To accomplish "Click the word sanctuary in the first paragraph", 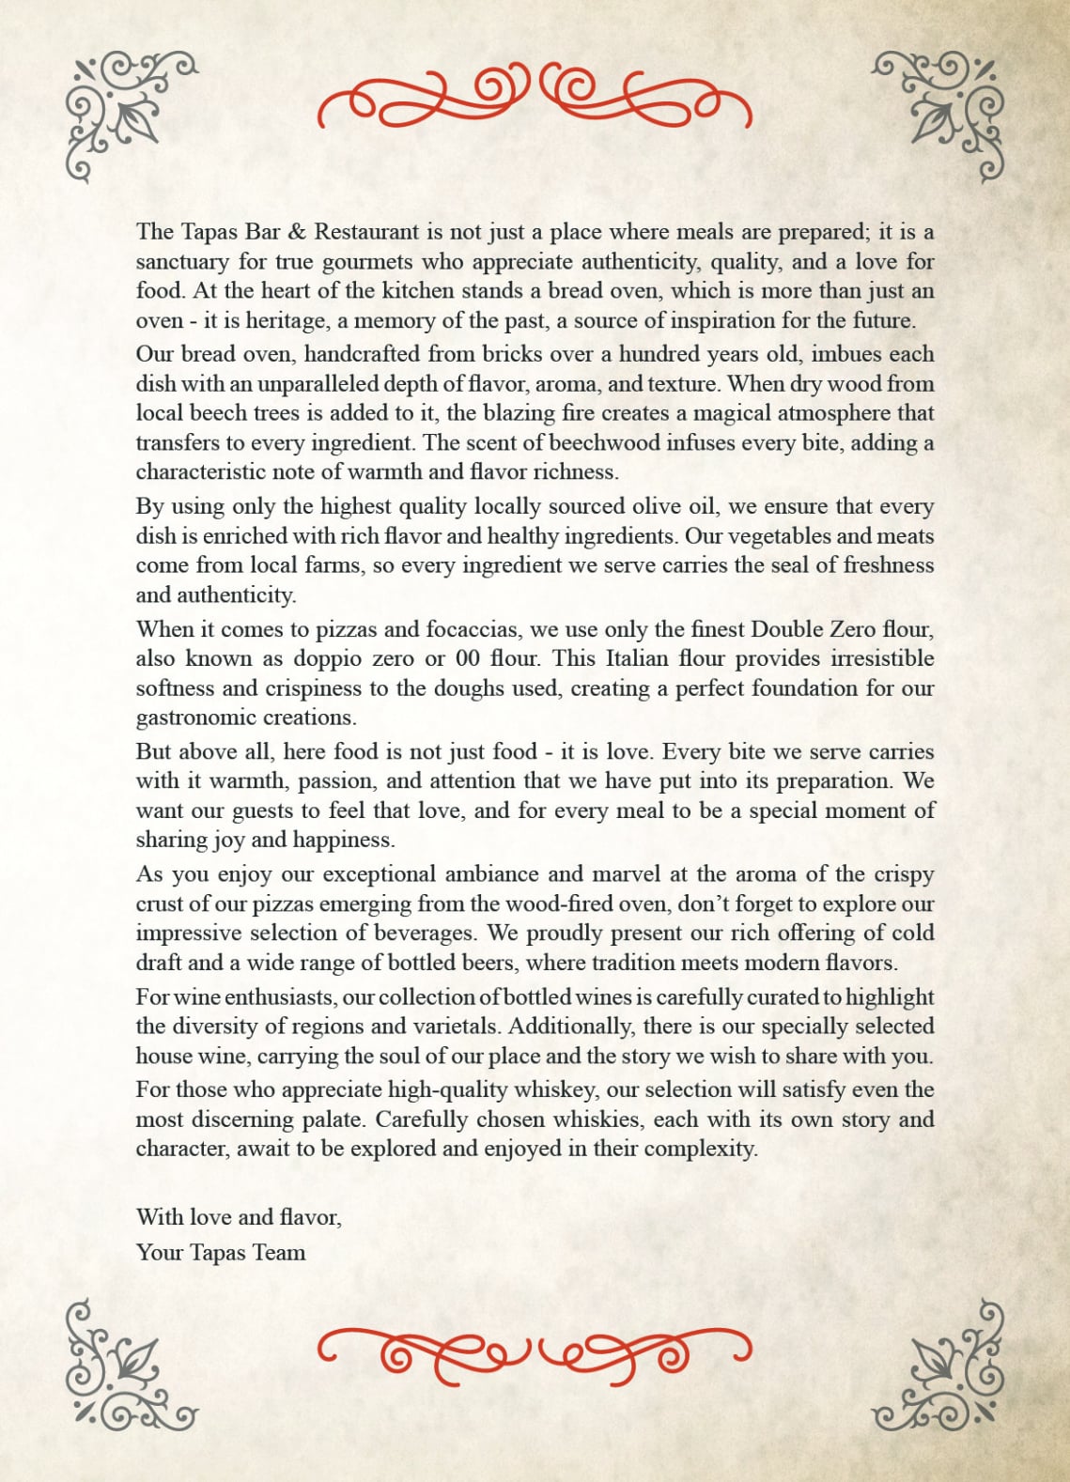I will point(181,262).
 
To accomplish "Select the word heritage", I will point(287,321).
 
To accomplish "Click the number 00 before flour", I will point(468,659).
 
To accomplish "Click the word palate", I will point(335,1120).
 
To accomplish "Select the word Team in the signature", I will point(279,1253).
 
